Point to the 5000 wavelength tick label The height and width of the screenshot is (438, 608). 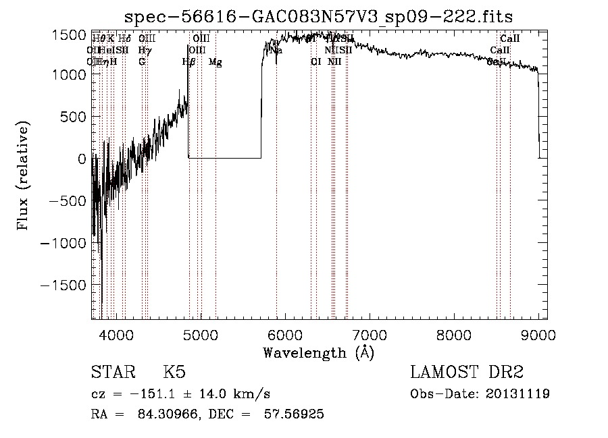(x=201, y=334)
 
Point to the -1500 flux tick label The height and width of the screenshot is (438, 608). (x=66, y=285)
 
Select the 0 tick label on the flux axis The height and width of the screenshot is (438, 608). (x=82, y=159)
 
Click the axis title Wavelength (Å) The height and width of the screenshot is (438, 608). (x=318, y=352)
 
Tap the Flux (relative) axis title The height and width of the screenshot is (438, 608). (x=24, y=175)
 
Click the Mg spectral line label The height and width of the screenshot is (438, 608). (x=216, y=62)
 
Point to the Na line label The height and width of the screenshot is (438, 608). (x=276, y=50)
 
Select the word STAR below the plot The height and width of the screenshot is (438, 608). (x=111, y=373)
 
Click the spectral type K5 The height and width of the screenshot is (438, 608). (x=174, y=373)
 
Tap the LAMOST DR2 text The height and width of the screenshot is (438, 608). (x=467, y=373)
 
